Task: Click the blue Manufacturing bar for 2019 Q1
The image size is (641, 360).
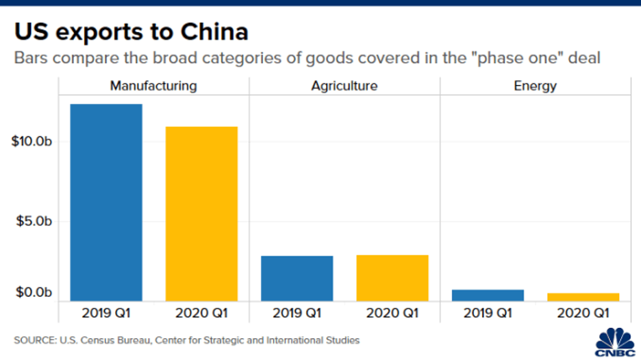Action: point(105,203)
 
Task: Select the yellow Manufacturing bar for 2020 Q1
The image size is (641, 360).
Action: point(201,214)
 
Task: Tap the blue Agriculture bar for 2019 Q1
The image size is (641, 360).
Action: point(297,278)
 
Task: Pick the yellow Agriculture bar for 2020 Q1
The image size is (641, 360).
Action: point(392,277)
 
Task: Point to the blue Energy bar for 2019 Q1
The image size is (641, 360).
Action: point(488,295)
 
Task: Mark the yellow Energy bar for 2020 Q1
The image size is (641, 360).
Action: point(583,297)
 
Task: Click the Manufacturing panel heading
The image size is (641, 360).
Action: point(153,86)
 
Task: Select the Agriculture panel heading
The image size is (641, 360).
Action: point(344,86)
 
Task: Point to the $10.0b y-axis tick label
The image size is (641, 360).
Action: point(32,142)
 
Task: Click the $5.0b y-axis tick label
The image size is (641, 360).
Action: point(34,222)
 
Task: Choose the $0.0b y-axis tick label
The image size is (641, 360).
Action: point(34,294)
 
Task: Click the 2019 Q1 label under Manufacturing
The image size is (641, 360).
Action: point(105,313)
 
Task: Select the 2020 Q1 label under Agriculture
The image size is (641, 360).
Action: point(392,313)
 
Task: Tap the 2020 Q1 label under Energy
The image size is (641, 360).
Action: point(583,313)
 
